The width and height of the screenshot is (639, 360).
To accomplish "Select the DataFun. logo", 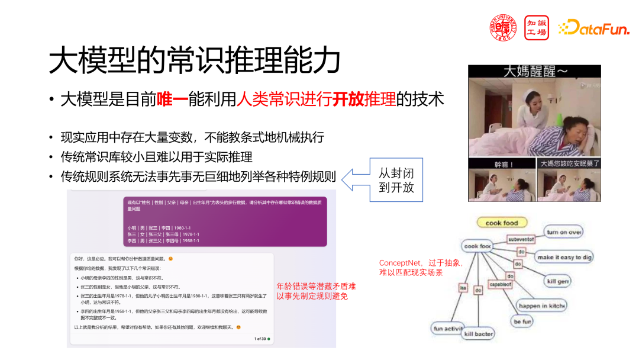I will pyautogui.click(x=593, y=27).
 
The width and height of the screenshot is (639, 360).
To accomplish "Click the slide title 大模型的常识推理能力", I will pyautogui.click(x=195, y=60).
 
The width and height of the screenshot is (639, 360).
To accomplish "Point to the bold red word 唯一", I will pyautogui.click(x=172, y=99).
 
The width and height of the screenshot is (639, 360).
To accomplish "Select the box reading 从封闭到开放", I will pyautogui.click(x=396, y=180).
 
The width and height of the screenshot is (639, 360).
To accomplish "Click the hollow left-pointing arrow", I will pyautogui.click(x=354, y=177).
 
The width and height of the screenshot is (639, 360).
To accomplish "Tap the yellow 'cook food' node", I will pyautogui.click(x=502, y=223).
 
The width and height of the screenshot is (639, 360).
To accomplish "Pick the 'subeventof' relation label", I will pyautogui.click(x=521, y=239).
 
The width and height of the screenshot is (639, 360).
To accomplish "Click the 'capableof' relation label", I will pyautogui.click(x=500, y=285).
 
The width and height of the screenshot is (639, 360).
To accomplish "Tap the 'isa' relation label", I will pyautogui.click(x=463, y=288).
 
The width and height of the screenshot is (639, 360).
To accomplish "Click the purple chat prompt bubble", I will pyautogui.click(x=225, y=222).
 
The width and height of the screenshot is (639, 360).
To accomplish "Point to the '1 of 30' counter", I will pyautogui.click(x=260, y=339).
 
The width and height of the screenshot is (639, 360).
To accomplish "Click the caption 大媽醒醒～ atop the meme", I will pyautogui.click(x=535, y=72).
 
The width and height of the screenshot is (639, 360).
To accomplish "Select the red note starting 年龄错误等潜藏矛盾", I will pyautogui.click(x=316, y=291).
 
